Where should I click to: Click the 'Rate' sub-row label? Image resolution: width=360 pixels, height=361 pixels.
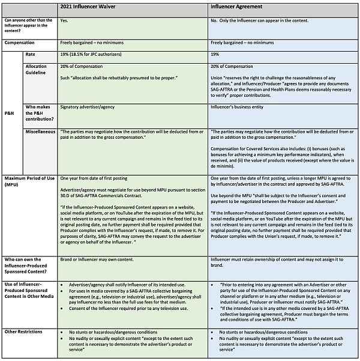31,54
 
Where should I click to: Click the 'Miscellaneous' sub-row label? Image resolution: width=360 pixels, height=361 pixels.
41,131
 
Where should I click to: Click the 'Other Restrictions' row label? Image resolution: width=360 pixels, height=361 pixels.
23,331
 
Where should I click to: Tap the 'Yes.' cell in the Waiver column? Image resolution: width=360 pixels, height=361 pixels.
65,20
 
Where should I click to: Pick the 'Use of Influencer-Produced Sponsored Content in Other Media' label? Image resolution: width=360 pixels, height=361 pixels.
29,291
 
